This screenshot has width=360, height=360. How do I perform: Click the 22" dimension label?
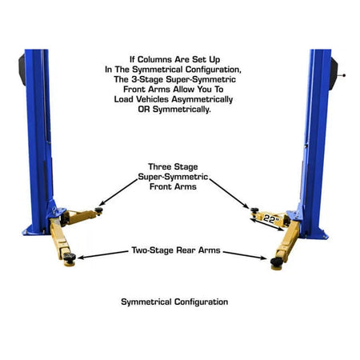[270, 218]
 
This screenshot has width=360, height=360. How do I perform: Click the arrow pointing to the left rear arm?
[104, 255]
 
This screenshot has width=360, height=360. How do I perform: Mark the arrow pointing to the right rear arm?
[244, 255]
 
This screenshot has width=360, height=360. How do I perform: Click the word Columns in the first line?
[168, 59]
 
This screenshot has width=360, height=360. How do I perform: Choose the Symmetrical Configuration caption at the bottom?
[174, 302]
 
